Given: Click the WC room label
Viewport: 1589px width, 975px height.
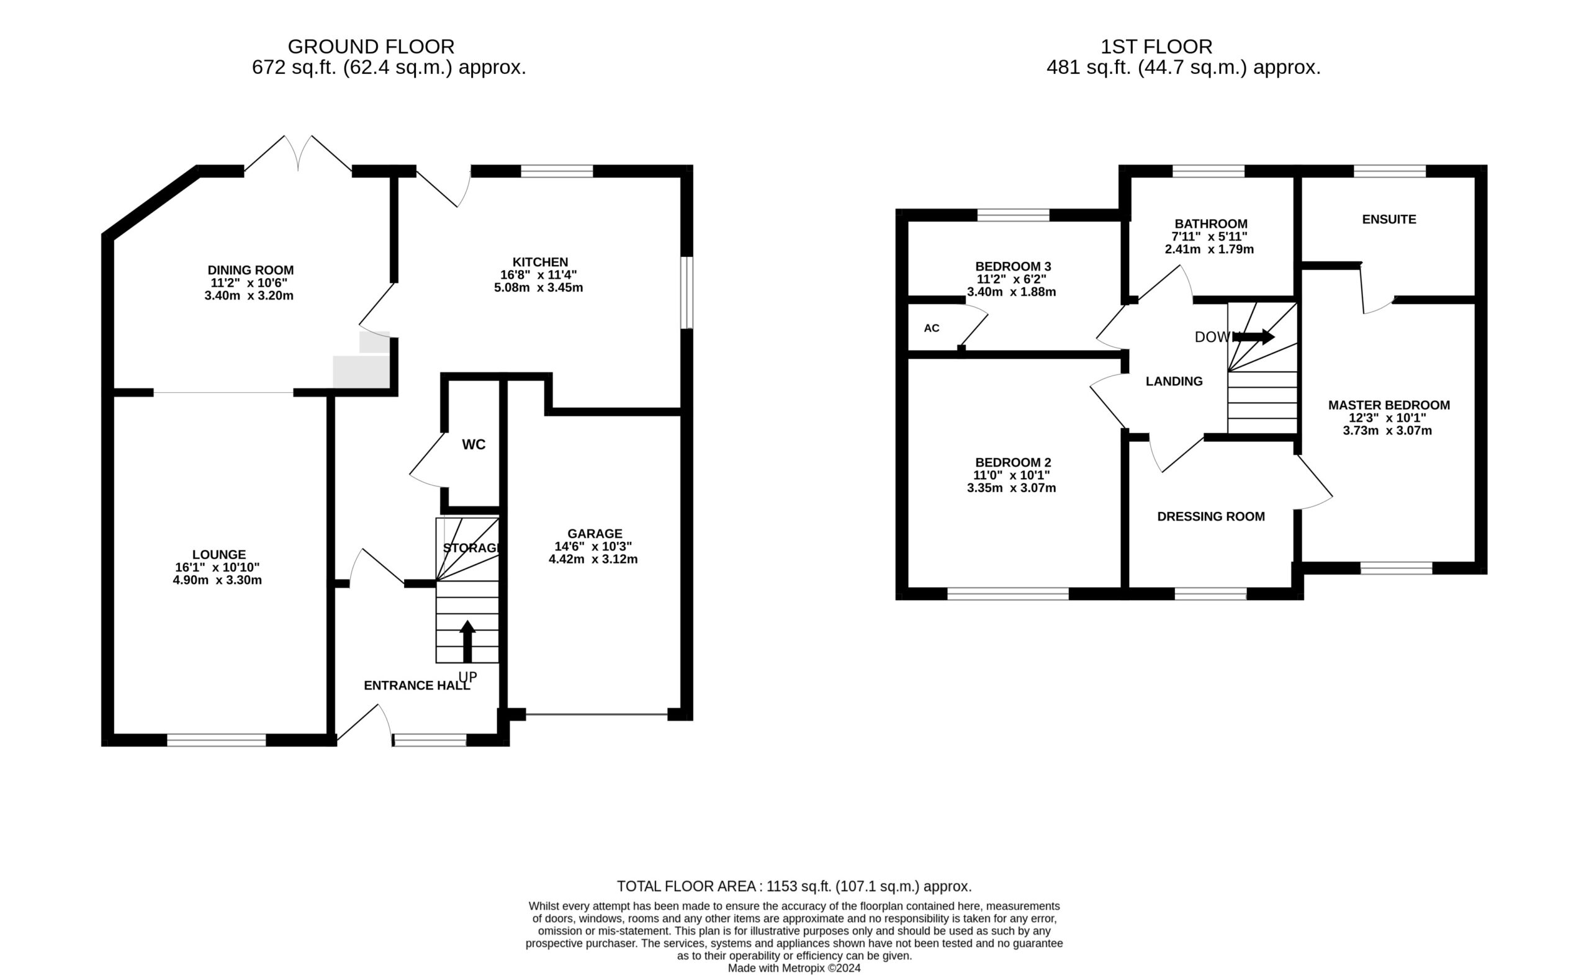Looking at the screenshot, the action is pos(474,444).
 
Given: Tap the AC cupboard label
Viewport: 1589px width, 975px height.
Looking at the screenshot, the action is pos(931,328).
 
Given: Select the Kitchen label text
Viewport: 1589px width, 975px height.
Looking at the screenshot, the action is pos(540,262).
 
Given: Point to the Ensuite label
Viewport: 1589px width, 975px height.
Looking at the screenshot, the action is pos(1389,219).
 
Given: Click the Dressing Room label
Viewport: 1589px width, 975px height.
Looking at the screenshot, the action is pos(1210,516).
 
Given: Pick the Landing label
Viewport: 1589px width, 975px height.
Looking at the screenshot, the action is pos(1174,381).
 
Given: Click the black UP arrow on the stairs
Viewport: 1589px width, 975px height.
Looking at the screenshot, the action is pos(467,641).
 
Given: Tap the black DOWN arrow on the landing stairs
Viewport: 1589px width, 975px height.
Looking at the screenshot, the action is pos(1254,336).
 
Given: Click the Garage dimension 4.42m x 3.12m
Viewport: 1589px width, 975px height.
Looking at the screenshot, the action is pos(593,559).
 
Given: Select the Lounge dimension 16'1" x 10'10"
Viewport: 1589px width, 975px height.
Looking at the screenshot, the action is pos(217,567).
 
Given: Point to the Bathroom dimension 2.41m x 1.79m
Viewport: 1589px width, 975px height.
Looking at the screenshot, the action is pos(1209,249).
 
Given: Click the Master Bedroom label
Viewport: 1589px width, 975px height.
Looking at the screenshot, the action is pos(1389,405).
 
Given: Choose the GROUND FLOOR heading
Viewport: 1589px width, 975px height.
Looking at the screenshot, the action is pos(371,47).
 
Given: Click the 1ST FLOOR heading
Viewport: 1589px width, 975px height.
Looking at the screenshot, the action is pos(1156,47).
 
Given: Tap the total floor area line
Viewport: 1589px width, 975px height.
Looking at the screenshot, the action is pos(794,886).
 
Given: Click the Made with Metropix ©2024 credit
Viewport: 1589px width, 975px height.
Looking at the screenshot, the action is pos(794,968).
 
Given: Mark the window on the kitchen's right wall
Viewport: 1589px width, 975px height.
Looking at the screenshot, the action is pos(688,293).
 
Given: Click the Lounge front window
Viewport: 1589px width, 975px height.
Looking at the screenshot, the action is pos(217,740).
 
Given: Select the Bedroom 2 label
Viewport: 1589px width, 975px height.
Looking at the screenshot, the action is pos(1013,462).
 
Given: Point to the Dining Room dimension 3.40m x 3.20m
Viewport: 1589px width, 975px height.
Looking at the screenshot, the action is pos(249,296).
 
